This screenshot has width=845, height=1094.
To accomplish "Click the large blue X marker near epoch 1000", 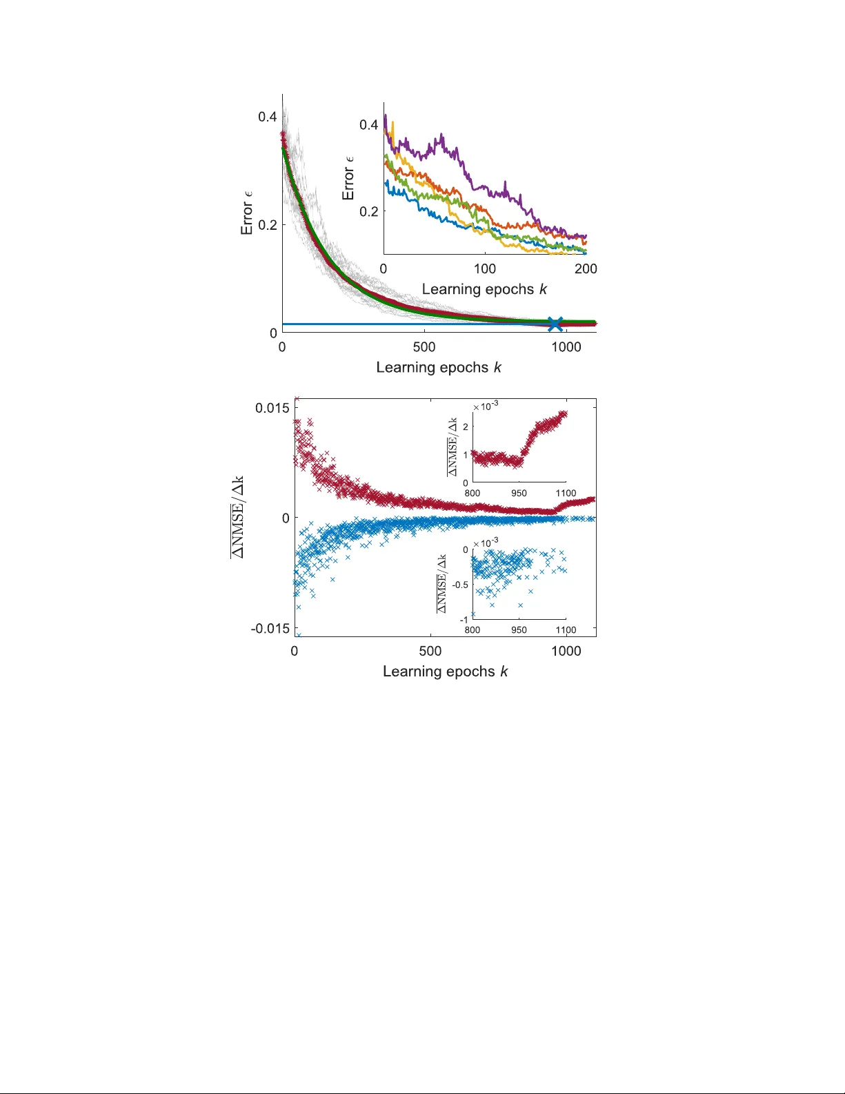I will (x=555, y=323).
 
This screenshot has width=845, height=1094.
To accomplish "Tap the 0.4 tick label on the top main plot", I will (x=268, y=117).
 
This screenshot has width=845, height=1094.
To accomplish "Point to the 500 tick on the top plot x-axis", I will (x=424, y=347).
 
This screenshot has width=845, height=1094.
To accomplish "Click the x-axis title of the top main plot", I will (x=439, y=367).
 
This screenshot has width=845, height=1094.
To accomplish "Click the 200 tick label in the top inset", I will (x=586, y=268).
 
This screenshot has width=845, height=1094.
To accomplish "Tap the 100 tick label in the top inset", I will (x=484, y=268).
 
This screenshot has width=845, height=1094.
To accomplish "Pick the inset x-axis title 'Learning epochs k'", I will (x=484, y=289).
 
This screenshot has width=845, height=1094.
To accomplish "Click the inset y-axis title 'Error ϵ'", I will (x=348, y=178).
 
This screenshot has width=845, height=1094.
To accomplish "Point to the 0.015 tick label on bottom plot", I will (x=272, y=408).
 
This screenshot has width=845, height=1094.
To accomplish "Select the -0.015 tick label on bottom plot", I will (x=270, y=628).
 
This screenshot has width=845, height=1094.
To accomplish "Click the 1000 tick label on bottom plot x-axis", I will (x=566, y=651).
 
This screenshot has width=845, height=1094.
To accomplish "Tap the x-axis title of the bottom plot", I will (x=446, y=672).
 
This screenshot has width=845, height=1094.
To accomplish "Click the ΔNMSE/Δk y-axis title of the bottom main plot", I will (x=237, y=517).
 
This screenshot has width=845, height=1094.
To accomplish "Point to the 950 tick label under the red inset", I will (x=519, y=493).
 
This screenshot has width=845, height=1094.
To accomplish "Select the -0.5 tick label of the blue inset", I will (x=460, y=585).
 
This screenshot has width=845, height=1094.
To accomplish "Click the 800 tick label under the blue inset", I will (x=473, y=629).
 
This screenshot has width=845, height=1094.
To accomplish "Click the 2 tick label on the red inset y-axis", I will (x=466, y=427).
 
